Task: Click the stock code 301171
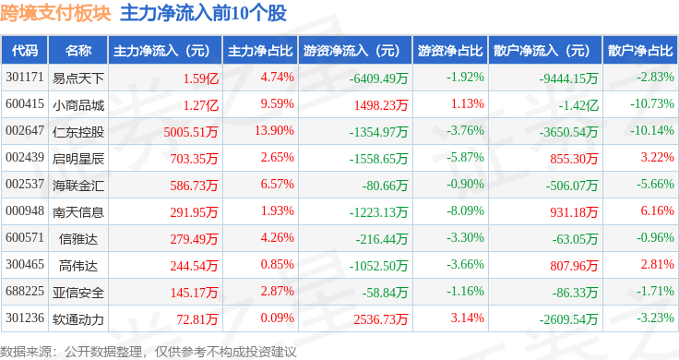(25, 78)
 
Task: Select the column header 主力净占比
(260, 51)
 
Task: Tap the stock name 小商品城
(78, 105)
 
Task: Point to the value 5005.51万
(191, 132)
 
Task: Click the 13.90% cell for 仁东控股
(274, 130)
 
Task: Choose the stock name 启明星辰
(78, 159)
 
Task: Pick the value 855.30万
(574, 159)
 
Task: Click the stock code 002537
(25, 184)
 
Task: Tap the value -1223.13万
(378, 212)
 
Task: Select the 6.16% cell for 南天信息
(658, 211)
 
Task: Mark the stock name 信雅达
(78, 239)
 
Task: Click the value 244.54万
(194, 266)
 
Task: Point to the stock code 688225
(25, 291)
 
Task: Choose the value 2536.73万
(381, 319)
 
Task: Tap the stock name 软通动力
(78, 319)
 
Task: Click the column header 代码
(25, 51)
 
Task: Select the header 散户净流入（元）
(545, 51)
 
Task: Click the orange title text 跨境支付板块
(56, 14)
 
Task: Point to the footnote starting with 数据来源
(149, 352)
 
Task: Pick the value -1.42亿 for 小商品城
(578, 105)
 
